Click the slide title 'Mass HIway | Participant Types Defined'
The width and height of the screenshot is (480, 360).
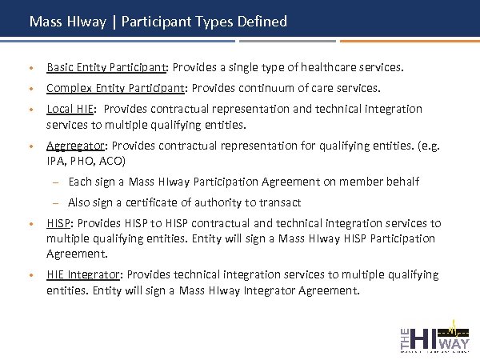pyautogui.click(x=158, y=22)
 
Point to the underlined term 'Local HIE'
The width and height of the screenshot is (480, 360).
pyautogui.click(x=70, y=109)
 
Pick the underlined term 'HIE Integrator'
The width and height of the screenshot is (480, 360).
pyautogui.click(x=82, y=275)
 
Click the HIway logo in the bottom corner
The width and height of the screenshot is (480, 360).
pyautogui.click(x=434, y=334)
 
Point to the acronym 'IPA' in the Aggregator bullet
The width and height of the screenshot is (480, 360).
pyautogui.click(x=56, y=161)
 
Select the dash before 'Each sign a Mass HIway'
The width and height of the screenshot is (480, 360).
pyautogui.click(x=58, y=182)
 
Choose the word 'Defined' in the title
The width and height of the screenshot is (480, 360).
pyautogui.click(x=262, y=22)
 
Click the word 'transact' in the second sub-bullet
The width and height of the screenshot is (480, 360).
pyautogui.click(x=279, y=203)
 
